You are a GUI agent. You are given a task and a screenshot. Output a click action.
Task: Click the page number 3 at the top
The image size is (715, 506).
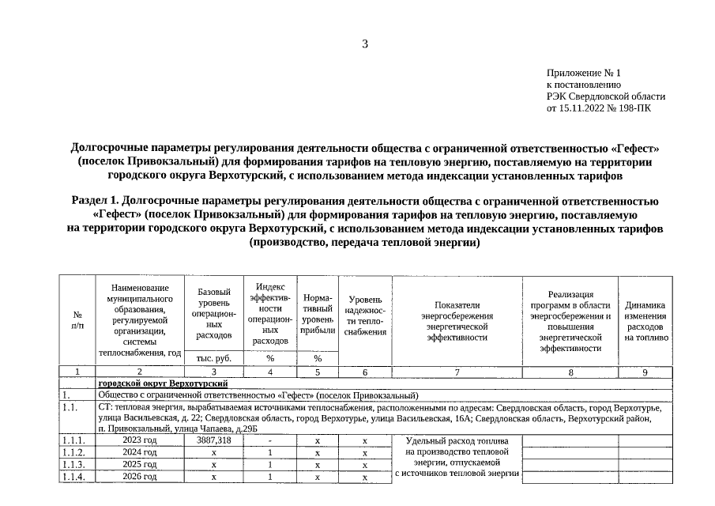click(365, 43)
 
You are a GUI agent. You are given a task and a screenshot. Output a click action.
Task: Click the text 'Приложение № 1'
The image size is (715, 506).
click(578, 73)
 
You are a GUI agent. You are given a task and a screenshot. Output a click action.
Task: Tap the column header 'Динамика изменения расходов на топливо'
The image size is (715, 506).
click(645, 321)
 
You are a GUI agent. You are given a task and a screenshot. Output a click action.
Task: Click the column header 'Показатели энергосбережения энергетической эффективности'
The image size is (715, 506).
click(456, 321)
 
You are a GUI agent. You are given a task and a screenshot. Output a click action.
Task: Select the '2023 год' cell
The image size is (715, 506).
click(140, 440)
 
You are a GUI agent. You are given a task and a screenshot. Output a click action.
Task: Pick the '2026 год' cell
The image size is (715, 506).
click(140, 477)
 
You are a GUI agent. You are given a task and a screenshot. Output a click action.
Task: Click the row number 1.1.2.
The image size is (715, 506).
click(77, 452)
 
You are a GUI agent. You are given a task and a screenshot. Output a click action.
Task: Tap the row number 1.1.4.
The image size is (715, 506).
click(77, 477)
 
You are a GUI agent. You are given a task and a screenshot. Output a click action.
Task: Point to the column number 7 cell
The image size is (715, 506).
click(457, 371)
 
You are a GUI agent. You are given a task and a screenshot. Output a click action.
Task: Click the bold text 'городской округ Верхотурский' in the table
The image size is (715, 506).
click(163, 383)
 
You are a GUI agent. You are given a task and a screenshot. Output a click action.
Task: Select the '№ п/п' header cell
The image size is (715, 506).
click(77, 319)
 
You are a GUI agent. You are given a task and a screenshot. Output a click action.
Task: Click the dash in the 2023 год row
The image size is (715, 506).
click(270, 440)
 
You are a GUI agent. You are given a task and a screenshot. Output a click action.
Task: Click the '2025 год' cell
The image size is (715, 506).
click(140, 465)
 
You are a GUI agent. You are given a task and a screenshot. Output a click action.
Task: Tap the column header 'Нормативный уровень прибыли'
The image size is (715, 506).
click(318, 314)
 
